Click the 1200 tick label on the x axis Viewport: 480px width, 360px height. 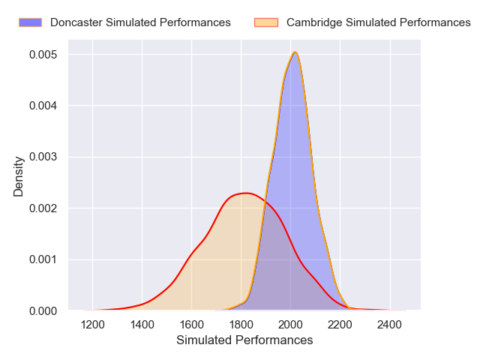[x=93, y=325]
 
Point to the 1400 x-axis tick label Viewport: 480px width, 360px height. [x=142, y=325]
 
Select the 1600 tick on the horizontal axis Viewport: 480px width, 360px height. [x=192, y=325]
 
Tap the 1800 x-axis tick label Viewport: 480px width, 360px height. [x=241, y=325]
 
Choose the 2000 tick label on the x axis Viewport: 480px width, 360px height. [x=290, y=325]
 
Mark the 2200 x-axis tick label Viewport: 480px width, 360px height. [x=340, y=325]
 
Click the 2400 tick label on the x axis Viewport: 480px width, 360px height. [x=389, y=325]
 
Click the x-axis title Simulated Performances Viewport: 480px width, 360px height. [x=244, y=340]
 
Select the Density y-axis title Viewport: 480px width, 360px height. [x=19, y=181]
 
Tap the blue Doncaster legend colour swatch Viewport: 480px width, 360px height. [x=31, y=22]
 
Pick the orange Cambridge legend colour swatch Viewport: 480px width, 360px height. [x=266, y=22]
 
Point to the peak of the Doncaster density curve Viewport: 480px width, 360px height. [x=295, y=52]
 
